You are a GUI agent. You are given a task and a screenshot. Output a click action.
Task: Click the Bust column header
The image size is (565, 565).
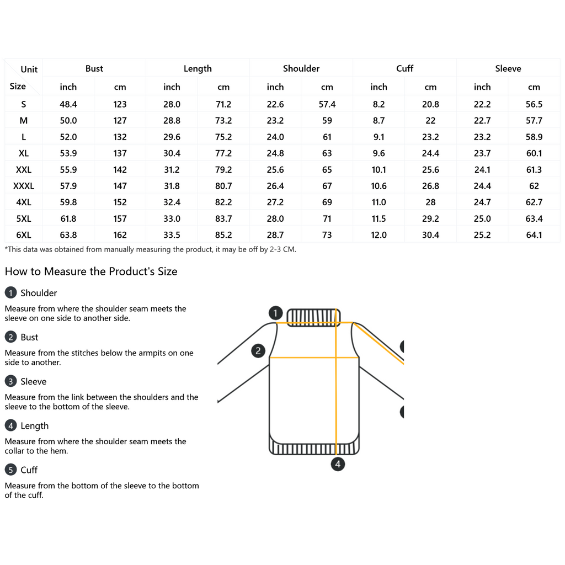point(94,68)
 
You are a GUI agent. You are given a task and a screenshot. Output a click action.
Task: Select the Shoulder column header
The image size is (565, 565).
point(301,68)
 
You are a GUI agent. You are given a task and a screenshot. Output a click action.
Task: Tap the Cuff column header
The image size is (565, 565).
point(404,68)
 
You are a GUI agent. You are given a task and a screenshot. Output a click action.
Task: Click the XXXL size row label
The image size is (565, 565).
point(24,186)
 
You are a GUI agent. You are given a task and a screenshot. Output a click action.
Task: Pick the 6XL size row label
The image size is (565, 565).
point(24,235)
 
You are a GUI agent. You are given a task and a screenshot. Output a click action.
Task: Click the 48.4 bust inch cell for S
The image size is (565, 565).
point(68,104)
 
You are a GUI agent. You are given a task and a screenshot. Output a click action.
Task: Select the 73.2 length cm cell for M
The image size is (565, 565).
point(223,120)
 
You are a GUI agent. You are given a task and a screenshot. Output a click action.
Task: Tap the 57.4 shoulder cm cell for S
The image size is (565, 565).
point(327,104)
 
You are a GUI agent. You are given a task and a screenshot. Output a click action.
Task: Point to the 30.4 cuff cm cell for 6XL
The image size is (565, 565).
point(430,235)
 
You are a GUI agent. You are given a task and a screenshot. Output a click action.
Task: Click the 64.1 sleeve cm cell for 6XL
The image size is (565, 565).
point(534,235)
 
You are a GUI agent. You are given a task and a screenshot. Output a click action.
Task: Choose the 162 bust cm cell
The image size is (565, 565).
point(120,235)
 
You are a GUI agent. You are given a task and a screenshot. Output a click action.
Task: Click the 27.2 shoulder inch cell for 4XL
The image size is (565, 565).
point(275,202)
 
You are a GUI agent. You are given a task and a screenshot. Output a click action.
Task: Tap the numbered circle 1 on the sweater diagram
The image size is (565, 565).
point(276,313)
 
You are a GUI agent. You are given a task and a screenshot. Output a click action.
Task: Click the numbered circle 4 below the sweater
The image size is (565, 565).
point(338,464)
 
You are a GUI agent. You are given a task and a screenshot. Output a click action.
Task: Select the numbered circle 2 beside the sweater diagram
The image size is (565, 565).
point(258,351)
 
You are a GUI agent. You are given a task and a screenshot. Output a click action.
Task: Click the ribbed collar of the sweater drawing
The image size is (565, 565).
point(313,317)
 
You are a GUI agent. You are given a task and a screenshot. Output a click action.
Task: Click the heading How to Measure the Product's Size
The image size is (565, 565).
point(91,271)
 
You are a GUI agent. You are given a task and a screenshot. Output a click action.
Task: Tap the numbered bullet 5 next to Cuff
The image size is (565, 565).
point(10,470)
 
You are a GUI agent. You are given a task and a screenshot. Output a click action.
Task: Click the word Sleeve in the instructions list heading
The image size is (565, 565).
point(33,381)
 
